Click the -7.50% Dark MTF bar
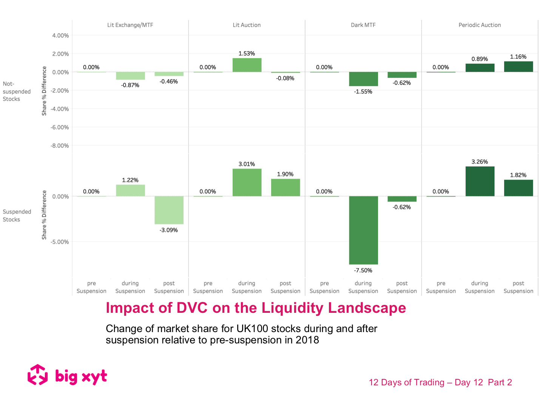pos(363,230)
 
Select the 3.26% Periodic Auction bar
pos(480,181)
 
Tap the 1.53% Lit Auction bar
pos(247,65)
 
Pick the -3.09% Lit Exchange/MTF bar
pos(169,210)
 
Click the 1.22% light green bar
pos(130,190)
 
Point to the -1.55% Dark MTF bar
pos(363,79)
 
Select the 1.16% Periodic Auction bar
pos(518,66)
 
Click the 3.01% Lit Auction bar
pos(247,182)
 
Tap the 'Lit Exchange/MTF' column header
pos(130,25)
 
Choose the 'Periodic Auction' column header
pos(480,25)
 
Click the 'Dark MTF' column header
pos(363,25)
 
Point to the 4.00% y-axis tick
pos(60,36)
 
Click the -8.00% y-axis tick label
pos(60,146)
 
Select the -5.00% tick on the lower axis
pos(60,242)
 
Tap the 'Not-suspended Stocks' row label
pos(17,91)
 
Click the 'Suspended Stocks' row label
pos(17,216)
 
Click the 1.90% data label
pos(285,174)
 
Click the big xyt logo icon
pos(38,375)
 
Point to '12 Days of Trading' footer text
pos(406,382)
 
